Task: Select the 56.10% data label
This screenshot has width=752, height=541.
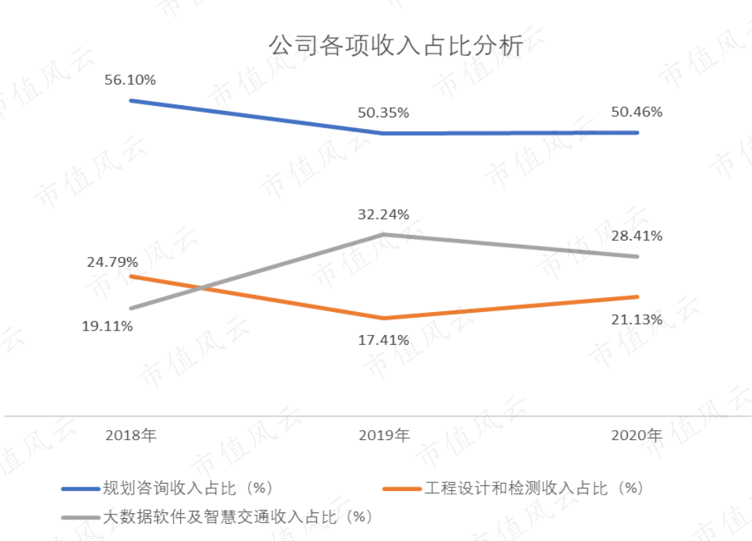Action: click(130, 80)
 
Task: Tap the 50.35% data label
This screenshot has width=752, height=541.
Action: click(384, 113)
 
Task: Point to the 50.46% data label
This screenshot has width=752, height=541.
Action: click(637, 112)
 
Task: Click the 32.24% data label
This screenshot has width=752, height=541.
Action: click(384, 214)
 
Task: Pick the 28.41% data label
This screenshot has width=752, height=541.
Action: click(637, 235)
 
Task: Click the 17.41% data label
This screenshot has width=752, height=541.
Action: click(384, 340)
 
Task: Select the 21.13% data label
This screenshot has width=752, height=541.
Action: click(637, 319)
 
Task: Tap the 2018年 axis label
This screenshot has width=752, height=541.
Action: click(131, 435)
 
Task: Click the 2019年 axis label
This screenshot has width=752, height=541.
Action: click(384, 435)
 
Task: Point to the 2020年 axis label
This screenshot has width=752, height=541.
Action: click(637, 435)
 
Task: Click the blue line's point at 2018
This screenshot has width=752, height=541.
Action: click(131, 100)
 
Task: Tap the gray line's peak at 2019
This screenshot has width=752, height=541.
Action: click(384, 234)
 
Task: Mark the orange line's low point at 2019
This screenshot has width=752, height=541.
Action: click(384, 318)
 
